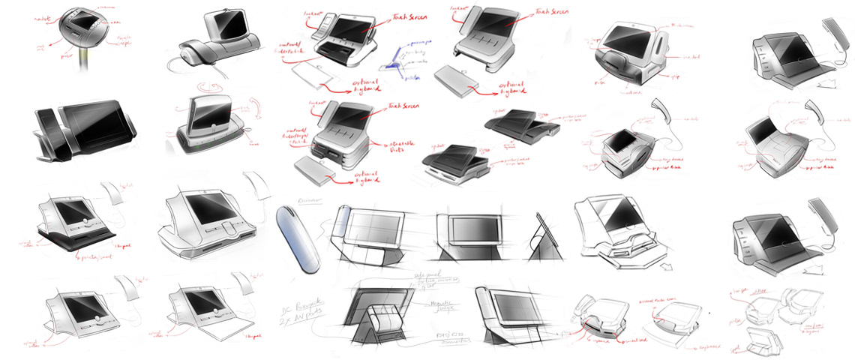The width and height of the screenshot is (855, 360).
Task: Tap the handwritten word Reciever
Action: [288, 202]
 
